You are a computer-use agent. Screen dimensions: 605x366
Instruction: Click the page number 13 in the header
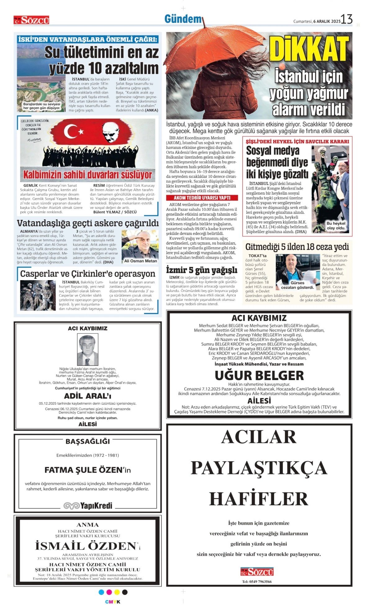(x=347, y=19)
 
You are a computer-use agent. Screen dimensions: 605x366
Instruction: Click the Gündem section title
(x=183, y=19)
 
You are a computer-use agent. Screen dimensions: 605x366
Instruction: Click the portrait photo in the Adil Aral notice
(x=88, y=350)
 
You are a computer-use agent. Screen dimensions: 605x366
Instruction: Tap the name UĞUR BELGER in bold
(x=259, y=375)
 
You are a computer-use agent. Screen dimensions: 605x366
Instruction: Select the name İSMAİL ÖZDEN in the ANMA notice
(x=86, y=546)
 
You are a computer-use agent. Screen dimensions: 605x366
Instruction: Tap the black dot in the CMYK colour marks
(x=125, y=592)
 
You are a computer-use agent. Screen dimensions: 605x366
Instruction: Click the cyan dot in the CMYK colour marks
(x=101, y=592)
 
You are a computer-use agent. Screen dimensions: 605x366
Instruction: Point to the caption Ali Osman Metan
(x=141, y=261)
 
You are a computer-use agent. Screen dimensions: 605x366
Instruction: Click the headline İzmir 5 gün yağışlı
(x=201, y=270)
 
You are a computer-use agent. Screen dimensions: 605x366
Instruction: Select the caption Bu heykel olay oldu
(x=336, y=226)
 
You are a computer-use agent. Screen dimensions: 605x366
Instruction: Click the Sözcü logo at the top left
(x=31, y=20)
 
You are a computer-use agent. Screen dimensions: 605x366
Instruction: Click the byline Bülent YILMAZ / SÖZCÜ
(x=115, y=212)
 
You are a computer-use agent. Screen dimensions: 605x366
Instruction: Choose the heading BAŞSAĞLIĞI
(x=88, y=441)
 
